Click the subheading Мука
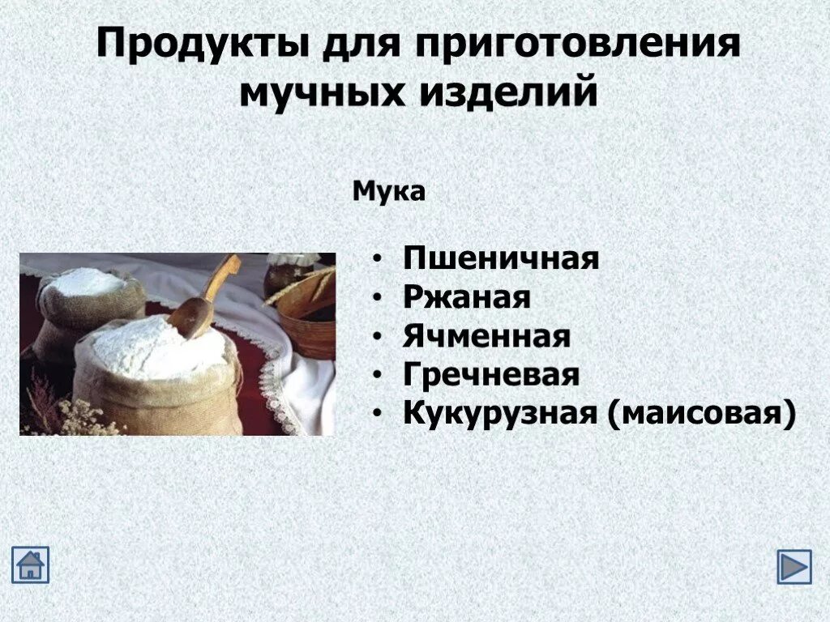click(389, 193)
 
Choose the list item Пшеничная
click(501, 259)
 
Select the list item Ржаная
click(467, 298)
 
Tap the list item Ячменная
click(486, 337)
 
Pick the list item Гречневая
click(491, 376)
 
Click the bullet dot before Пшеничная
click(379, 260)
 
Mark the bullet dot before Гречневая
click(379, 377)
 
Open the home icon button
click(30, 564)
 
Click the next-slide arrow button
click(794, 566)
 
